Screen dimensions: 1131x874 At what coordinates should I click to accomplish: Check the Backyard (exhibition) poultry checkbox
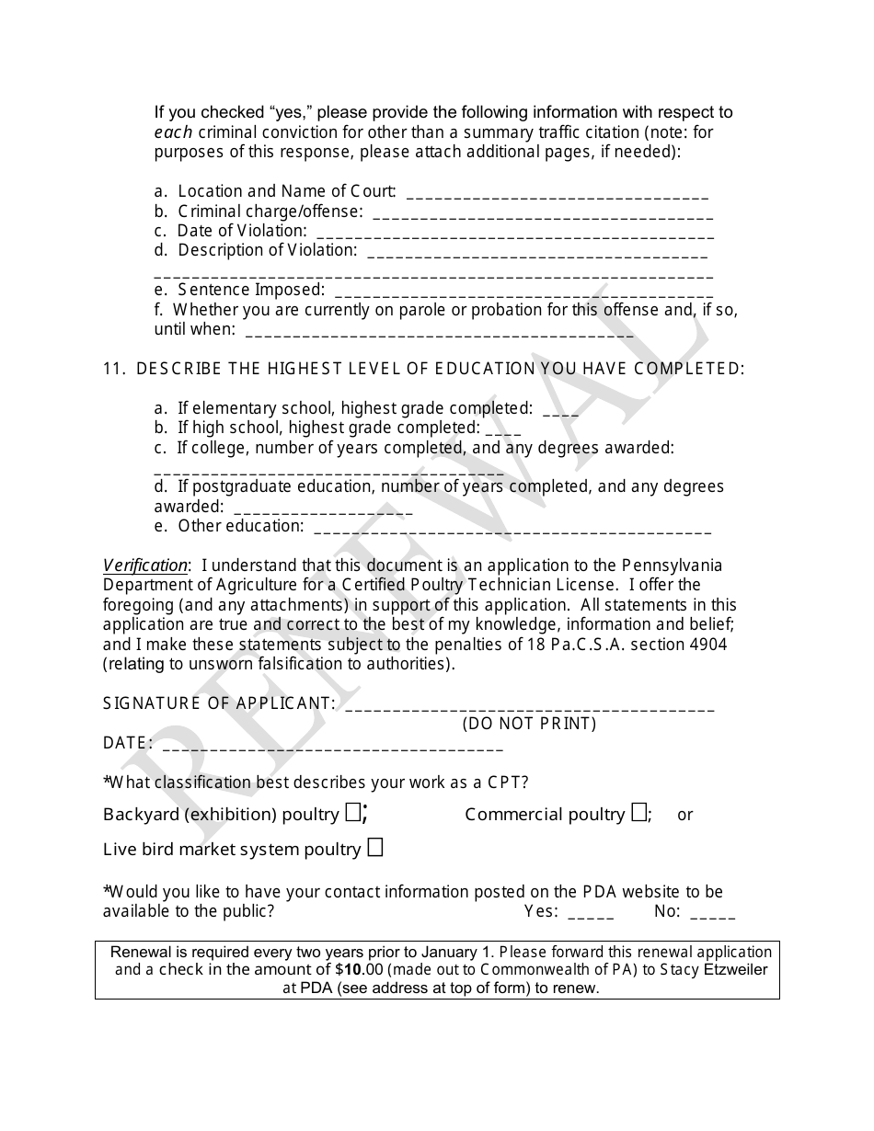point(353,813)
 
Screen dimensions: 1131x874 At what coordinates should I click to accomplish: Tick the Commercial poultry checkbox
point(638,813)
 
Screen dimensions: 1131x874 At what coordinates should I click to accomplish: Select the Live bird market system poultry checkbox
point(374,848)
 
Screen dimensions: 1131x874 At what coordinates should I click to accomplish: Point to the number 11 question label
point(113,368)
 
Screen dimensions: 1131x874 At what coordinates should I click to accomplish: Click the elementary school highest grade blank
point(560,411)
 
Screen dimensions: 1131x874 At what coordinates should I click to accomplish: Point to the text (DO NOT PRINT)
point(529,724)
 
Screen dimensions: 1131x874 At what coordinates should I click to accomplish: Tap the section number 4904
point(707,645)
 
